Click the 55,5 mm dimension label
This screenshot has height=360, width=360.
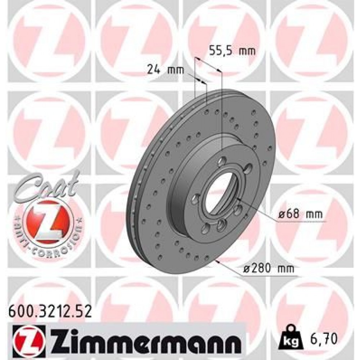click(232, 51)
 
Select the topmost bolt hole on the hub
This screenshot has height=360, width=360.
click(224, 160)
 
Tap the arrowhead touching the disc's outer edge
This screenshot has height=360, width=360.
click(217, 261)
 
